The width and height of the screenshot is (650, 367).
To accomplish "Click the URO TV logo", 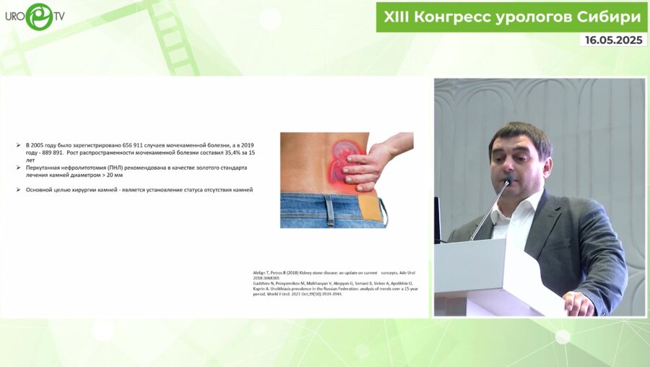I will tap(35, 17).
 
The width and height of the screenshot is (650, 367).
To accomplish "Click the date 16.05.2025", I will tap(613, 40).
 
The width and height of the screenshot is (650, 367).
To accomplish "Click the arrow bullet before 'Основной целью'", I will tap(19, 190).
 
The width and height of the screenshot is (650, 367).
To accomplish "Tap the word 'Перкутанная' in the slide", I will tap(45, 168).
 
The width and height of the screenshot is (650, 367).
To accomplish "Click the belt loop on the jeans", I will tap(329, 210).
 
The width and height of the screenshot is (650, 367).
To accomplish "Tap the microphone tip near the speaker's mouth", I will tap(510, 181).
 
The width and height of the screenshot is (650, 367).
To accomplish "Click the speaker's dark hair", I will tap(520, 134).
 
